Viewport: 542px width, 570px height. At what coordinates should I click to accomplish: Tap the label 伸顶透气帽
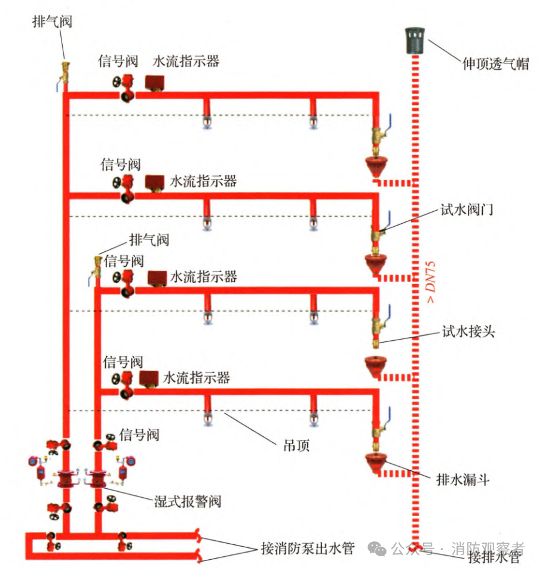pos(495,63)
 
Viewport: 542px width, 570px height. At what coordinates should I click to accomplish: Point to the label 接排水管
pos(494,559)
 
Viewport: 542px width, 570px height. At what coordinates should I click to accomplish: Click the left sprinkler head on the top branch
pos(207,122)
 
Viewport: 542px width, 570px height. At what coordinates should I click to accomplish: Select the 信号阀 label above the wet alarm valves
pos(139,434)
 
